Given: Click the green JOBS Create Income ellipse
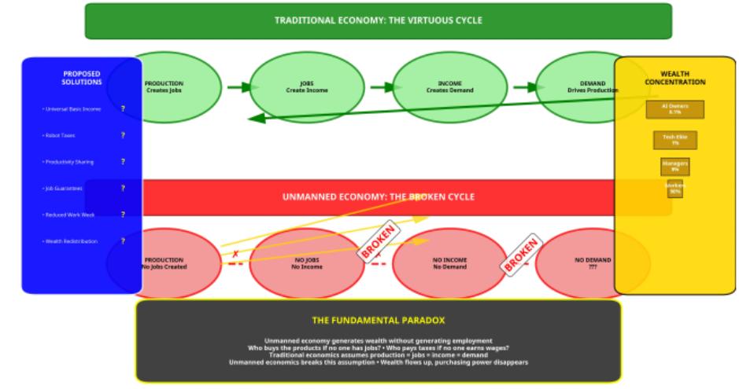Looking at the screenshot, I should coord(307,86).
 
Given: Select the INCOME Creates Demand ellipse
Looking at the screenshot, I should coord(450,86).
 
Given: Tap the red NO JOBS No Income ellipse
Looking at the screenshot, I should coord(307,263).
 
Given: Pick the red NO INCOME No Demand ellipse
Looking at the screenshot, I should coord(450,263).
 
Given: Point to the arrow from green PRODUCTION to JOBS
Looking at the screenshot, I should coord(238,86).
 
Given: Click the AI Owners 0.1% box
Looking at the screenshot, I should coord(674,109).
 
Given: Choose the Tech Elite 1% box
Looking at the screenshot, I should coord(674,140).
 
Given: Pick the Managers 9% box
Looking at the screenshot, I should coord(674,166).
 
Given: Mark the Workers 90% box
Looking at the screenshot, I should coord(674,189).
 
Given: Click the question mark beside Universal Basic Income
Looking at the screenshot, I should coord(123,108).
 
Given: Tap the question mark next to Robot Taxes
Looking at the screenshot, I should coord(123,135).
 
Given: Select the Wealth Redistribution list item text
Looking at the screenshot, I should coord(70,241).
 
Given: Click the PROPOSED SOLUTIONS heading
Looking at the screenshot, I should coord(82,78).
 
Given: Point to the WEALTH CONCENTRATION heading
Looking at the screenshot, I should coord(674,78).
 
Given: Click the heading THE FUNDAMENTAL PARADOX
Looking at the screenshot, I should coord(379,320).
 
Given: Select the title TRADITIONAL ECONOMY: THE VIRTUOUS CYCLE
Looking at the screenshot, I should coord(379,20).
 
